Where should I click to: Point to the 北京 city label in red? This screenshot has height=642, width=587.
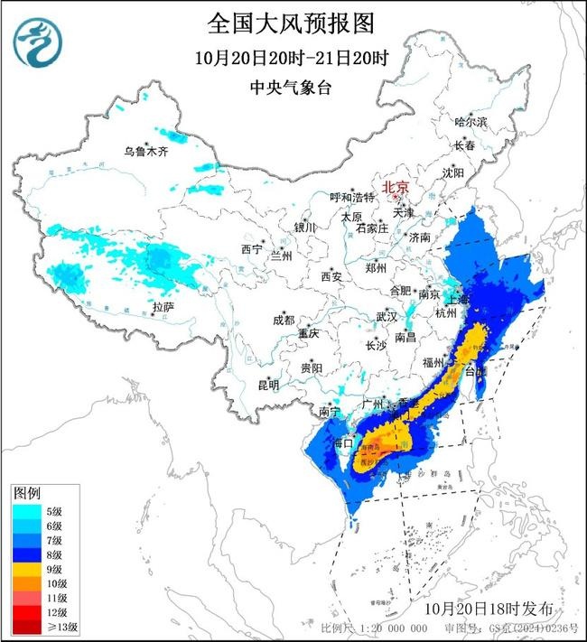point(396,188)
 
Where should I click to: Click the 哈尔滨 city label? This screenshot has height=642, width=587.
point(470,121)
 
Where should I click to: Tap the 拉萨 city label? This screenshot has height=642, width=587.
point(163,308)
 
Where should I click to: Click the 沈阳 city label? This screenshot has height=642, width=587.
point(453,172)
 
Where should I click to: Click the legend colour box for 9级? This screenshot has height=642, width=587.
point(28,569)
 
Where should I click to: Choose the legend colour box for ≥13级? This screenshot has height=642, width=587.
point(28,626)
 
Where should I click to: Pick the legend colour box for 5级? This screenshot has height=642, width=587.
point(28,512)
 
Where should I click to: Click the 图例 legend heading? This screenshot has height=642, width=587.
point(26,494)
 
